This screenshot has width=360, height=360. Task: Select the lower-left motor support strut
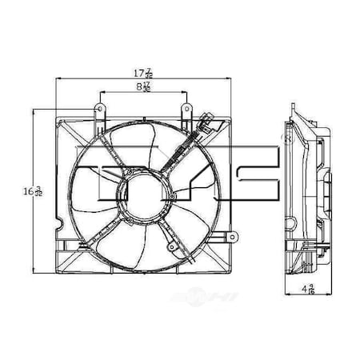tap(104, 232)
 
